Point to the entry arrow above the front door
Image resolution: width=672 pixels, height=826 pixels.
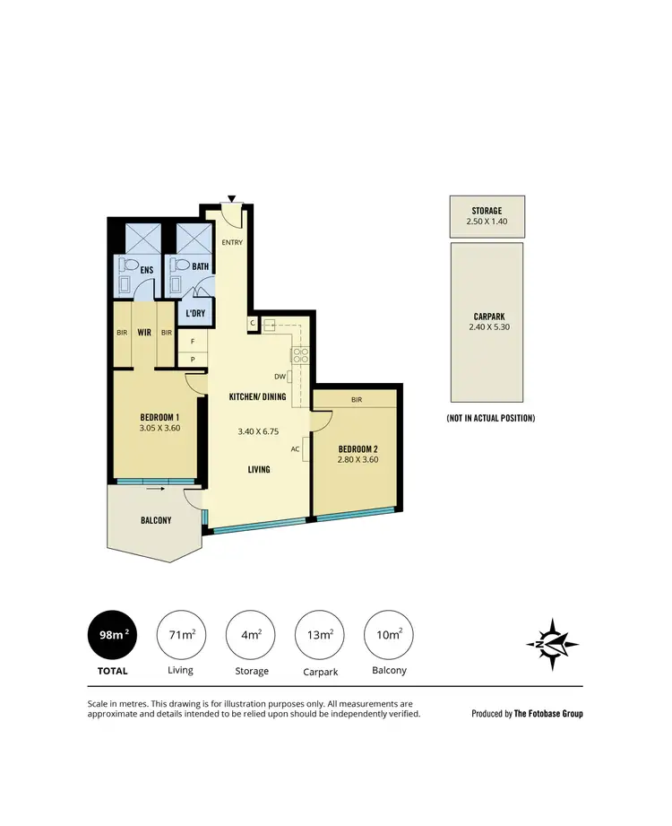point(231,199)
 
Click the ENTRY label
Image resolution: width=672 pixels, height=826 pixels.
point(232,242)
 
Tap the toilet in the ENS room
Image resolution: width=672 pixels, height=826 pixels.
point(128,266)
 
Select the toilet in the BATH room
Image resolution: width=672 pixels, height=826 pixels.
point(182,266)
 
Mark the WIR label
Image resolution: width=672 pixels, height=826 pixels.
point(143,331)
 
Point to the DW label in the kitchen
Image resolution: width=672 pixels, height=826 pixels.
point(280,377)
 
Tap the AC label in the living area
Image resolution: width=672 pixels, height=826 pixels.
point(294,448)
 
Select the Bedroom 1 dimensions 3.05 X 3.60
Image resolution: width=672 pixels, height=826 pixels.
point(160,429)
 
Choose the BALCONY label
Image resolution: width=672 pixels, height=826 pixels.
point(156,520)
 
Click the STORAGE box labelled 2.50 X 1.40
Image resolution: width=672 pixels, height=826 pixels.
point(487,216)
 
